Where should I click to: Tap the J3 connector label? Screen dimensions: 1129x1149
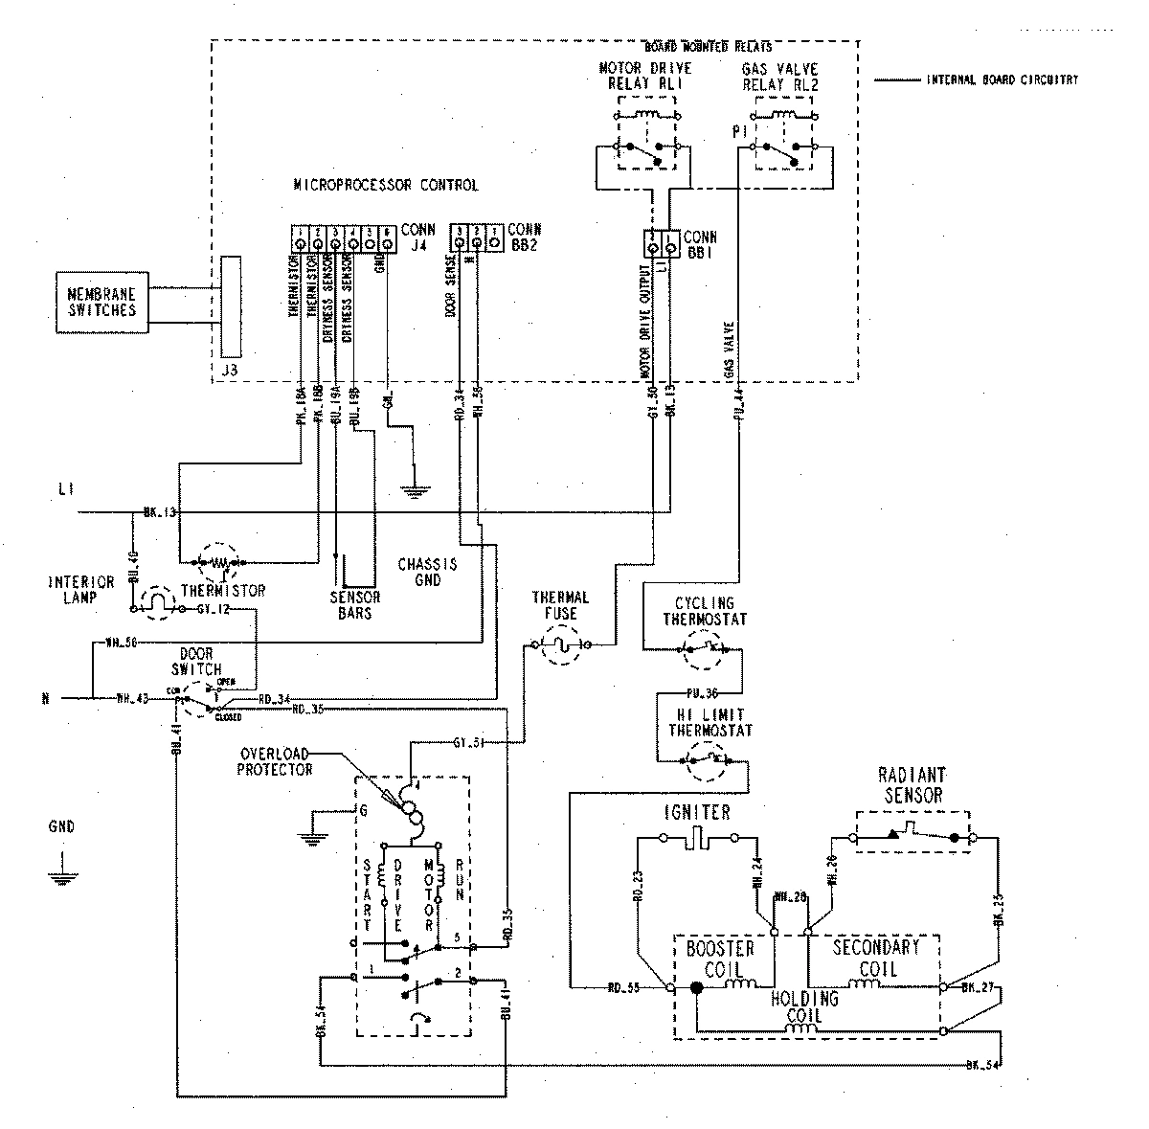coord(229,368)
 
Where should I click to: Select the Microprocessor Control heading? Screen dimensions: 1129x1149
coord(385,185)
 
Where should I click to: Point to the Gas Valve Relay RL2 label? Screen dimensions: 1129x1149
coord(780,77)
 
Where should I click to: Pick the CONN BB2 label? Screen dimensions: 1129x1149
coord(524,237)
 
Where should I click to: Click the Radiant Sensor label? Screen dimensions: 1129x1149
coord(911,786)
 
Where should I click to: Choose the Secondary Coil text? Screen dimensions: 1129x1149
coord(875,957)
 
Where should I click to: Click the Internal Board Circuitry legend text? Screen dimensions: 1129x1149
coord(1002,80)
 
